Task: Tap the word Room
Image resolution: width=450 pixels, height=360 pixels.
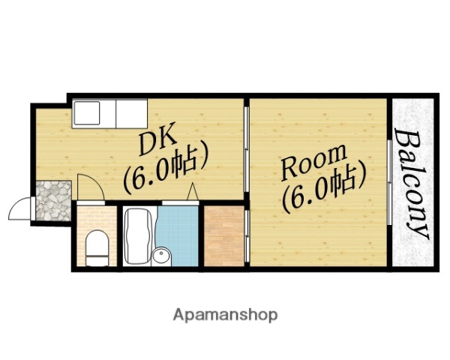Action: tap(314, 163)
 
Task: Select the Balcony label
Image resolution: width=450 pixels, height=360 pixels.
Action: tap(412, 184)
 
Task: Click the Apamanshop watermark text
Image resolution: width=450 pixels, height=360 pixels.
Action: tap(225, 315)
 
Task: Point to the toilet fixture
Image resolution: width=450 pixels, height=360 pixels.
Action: tap(97, 247)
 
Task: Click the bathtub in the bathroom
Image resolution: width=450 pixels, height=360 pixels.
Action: tap(139, 236)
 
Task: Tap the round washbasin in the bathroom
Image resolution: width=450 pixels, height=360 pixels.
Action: tap(161, 255)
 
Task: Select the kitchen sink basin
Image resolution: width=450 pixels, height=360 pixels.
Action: tap(87, 112)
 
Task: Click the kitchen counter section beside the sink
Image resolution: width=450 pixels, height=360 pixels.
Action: tap(132, 113)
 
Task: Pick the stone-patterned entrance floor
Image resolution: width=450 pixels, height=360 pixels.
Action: tap(54, 201)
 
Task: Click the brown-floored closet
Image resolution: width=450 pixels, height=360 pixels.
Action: tap(224, 235)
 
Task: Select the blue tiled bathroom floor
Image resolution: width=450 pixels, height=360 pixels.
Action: tap(178, 232)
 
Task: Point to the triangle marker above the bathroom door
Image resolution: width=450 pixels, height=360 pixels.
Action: tap(192, 191)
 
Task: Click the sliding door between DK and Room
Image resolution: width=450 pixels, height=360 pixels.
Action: tap(246, 149)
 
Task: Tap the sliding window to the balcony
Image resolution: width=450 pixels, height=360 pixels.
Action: tap(389, 182)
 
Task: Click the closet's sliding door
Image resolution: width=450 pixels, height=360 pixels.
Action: tap(247, 235)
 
